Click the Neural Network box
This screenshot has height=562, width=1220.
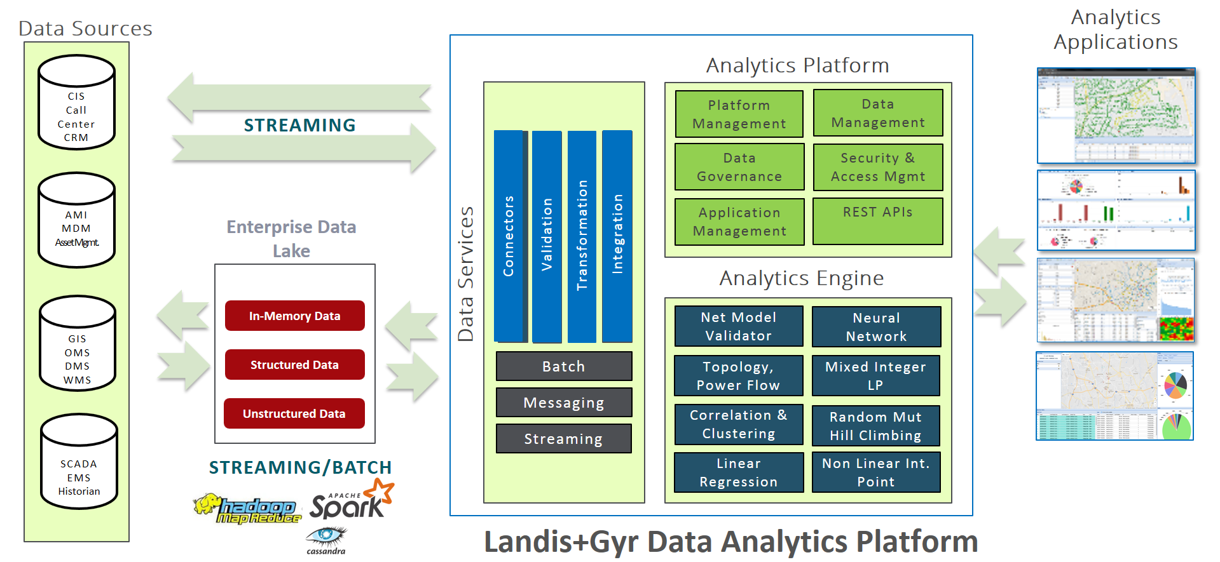point(876,327)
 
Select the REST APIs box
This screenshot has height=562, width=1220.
point(877,221)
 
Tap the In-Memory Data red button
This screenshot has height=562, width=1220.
point(294,316)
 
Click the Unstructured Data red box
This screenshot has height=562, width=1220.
point(294,413)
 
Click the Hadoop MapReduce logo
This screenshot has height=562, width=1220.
point(248,509)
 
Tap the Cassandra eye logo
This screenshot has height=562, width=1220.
point(326,539)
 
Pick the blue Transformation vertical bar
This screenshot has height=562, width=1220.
point(582,236)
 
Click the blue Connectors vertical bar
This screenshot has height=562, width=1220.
point(509,236)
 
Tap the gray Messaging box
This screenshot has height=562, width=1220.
point(563,403)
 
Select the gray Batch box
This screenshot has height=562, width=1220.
point(563,366)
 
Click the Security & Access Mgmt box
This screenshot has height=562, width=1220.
point(877,167)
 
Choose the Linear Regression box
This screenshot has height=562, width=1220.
point(738,472)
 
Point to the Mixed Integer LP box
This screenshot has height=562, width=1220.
point(875,375)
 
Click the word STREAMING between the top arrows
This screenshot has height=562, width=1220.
point(299,125)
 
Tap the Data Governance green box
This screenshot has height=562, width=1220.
point(739,167)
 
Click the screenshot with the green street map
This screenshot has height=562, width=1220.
point(1116,116)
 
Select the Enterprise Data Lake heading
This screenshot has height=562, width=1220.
point(291,238)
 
